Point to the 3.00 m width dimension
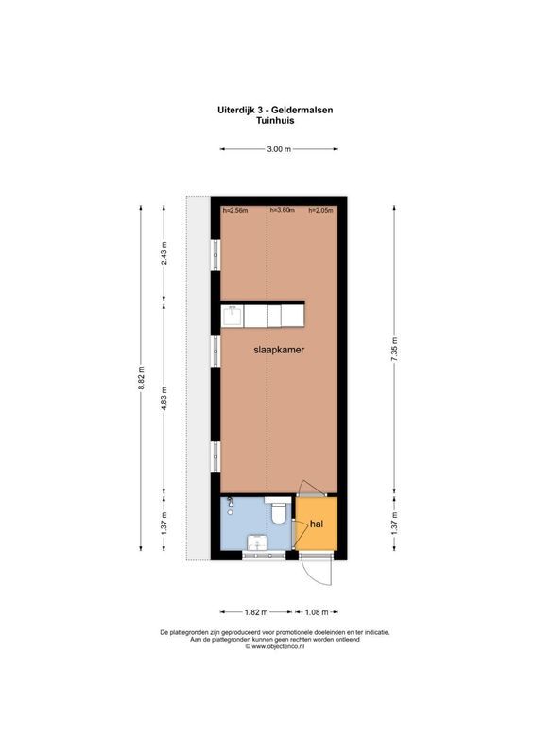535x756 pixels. click(x=278, y=149)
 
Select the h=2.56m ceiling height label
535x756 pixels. click(x=235, y=210)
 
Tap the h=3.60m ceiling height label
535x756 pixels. click(x=283, y=210)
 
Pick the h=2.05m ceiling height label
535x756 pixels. click(x=321, y=210)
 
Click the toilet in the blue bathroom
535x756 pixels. click(x=278, y=516)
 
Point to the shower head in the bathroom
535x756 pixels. click(x=230, y=510)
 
